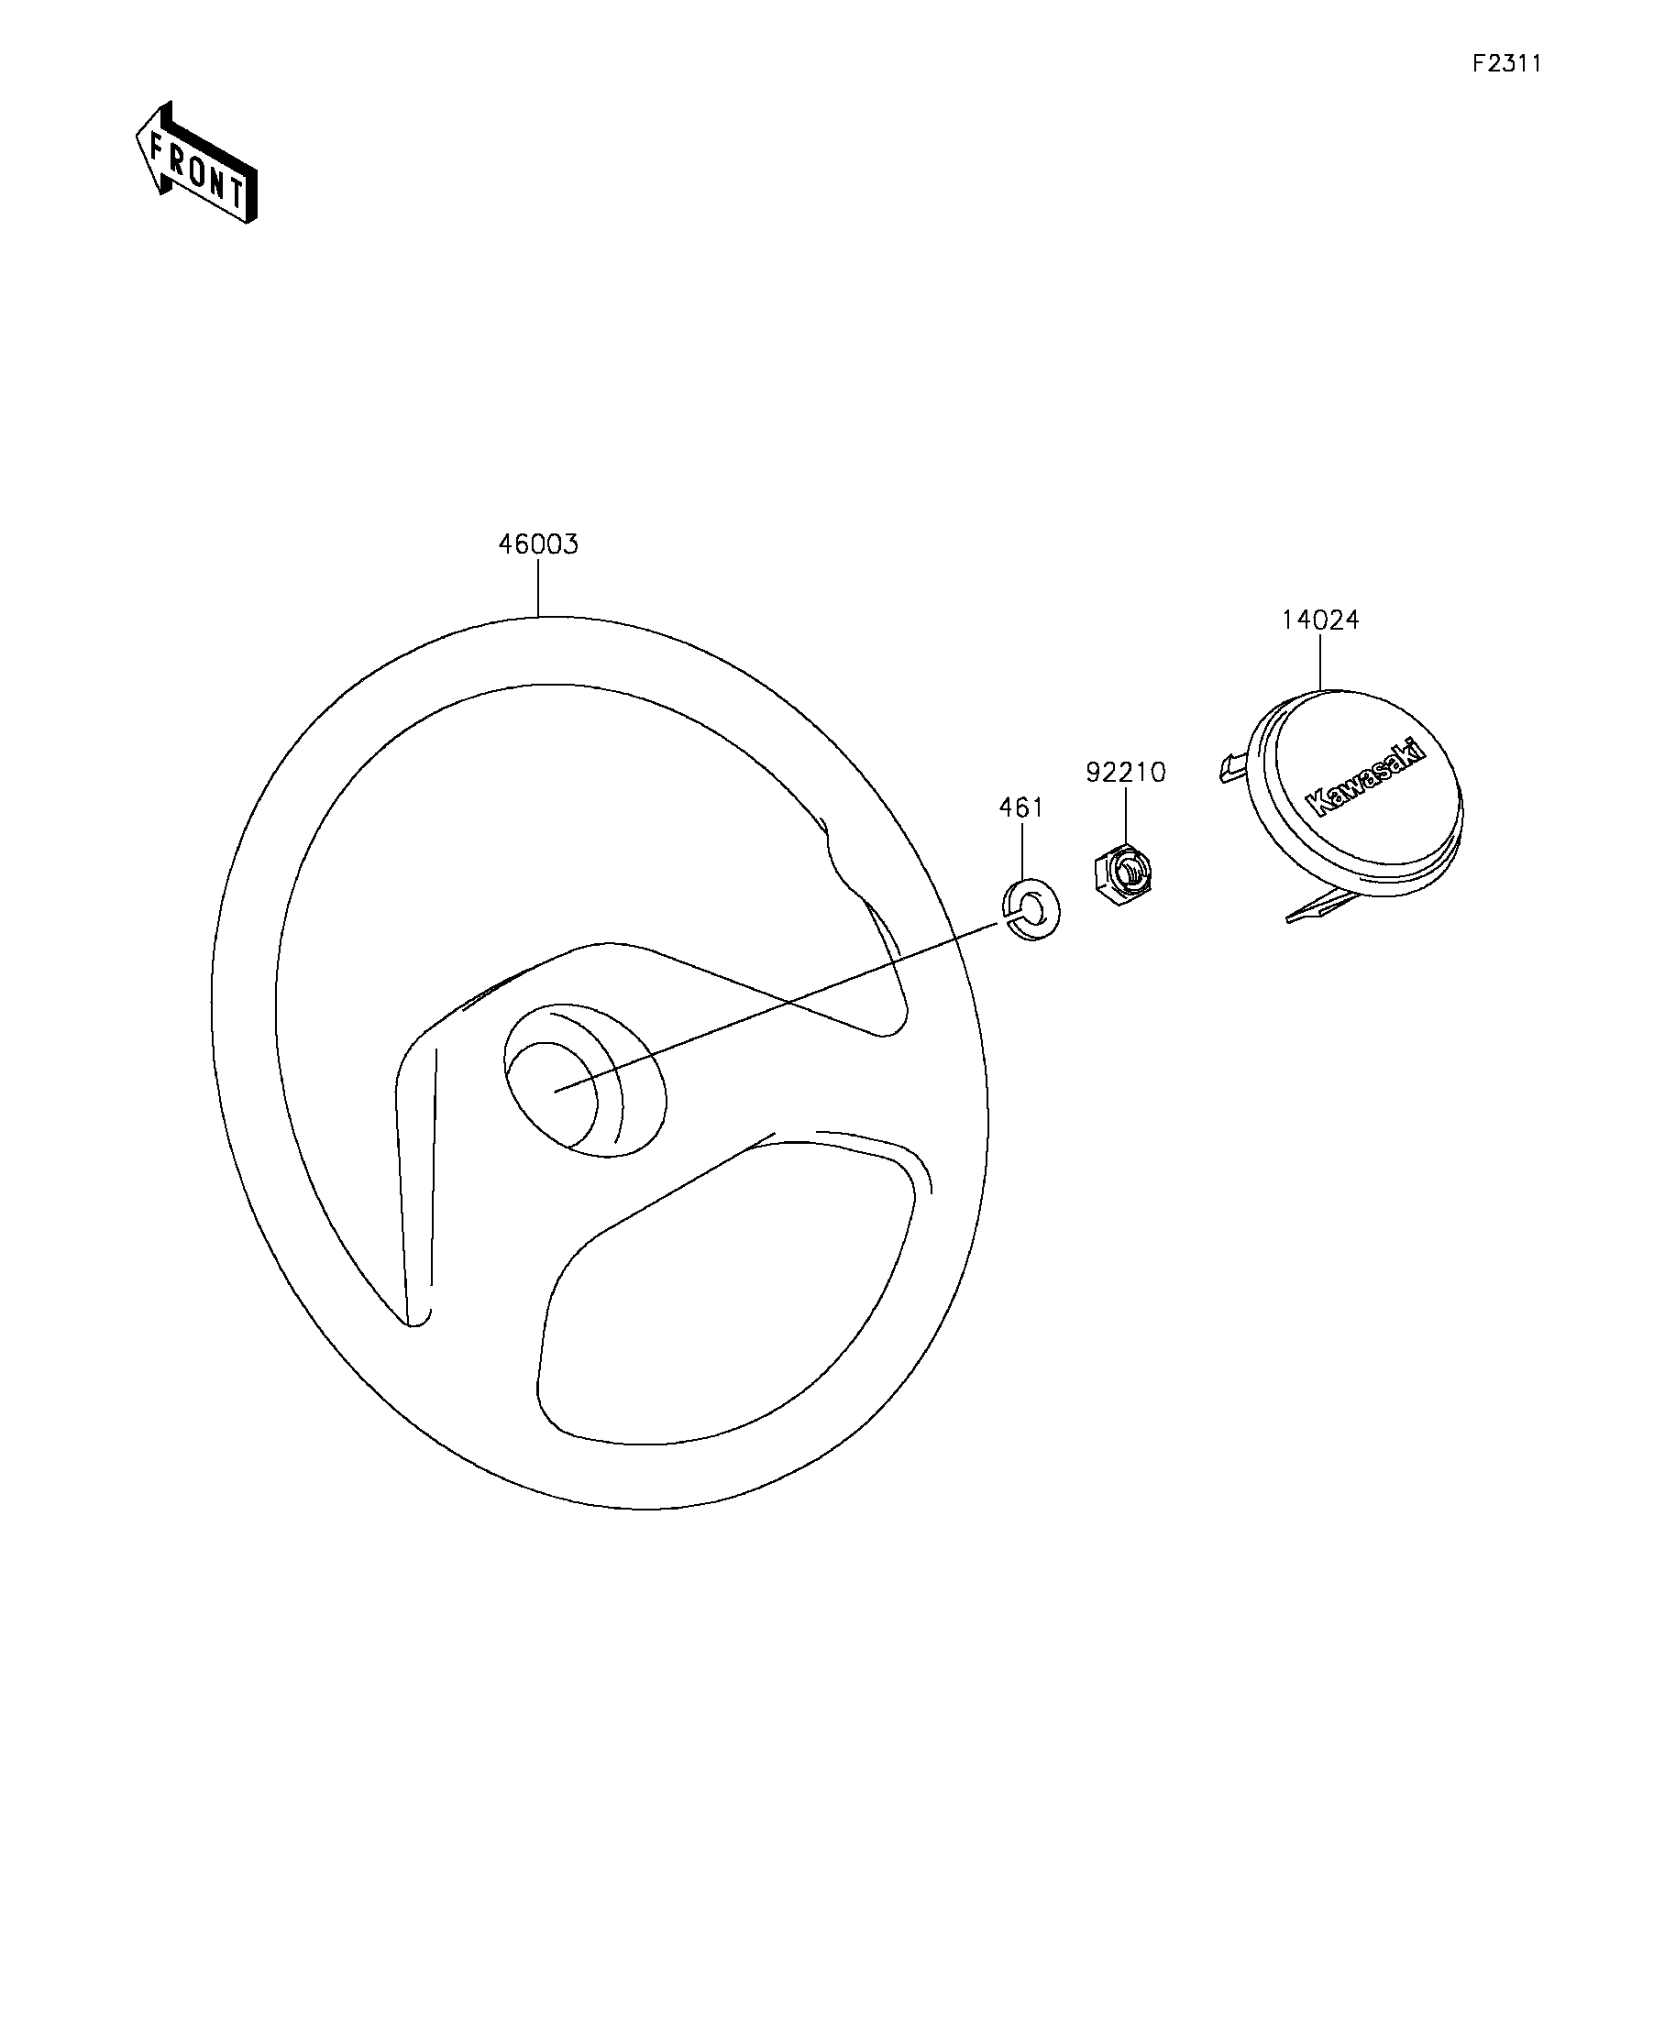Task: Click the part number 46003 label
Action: point(538,544)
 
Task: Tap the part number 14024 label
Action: point(1320,621)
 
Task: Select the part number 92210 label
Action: point(1125,773)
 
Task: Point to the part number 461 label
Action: point(1020,807)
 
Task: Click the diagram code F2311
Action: point(1507,63)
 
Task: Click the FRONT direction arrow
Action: point(196,162)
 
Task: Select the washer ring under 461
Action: point(1032,907)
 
